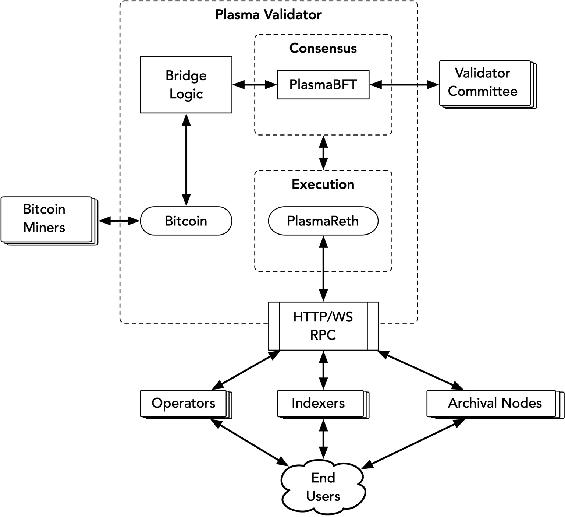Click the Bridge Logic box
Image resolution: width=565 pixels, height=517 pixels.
point(186,85)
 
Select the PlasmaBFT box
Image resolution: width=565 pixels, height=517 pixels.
point(323,85)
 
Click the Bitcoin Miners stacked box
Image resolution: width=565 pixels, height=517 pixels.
point(46,219)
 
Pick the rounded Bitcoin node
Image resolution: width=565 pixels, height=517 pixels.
point(186,221)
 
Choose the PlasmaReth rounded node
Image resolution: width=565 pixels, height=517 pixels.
point(323,221)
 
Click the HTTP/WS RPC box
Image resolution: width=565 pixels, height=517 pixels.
point(323,326)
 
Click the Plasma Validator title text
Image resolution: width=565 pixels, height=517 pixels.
point(268,15)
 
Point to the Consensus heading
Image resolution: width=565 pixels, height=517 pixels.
point(323,48)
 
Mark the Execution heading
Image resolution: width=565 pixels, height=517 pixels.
point(323,184)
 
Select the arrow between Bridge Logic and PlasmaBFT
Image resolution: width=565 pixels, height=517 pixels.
point(255,85)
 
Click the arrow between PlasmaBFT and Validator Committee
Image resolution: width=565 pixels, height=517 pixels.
point(404,85)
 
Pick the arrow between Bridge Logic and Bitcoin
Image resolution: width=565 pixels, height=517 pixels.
point(186,159)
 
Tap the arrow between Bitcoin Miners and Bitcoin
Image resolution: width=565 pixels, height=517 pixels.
point(120,221)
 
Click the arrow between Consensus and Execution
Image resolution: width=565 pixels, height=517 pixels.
point(323,152)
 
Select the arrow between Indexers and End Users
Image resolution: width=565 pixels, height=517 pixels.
point(323,438)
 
